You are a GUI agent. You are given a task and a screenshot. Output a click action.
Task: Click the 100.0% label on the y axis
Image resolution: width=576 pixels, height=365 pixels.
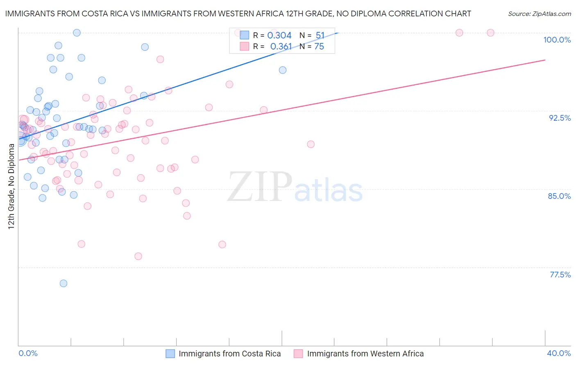click(557, 40)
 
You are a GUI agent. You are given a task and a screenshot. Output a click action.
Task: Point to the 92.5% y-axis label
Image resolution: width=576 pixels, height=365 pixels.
click(560, 118)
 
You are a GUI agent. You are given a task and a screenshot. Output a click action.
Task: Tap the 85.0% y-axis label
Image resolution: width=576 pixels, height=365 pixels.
click(559, 196)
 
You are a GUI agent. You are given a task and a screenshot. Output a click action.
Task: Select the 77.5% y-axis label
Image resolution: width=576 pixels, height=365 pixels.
click(560, 275)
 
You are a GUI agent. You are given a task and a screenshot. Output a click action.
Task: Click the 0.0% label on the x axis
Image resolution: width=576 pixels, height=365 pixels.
click(28, 353)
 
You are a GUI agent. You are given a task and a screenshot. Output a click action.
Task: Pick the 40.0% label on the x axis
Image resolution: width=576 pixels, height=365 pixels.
click(559, 353)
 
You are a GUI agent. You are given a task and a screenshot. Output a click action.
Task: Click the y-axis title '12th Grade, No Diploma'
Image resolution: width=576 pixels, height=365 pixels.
click(11, 187)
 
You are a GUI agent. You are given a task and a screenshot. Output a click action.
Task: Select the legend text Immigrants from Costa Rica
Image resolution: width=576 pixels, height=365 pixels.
click(229, 354)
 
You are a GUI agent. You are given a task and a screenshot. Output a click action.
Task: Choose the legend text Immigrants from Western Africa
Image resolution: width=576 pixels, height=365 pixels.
click(365, 354)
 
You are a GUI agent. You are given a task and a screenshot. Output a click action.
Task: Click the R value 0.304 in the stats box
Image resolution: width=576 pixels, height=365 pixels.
click(279, 36)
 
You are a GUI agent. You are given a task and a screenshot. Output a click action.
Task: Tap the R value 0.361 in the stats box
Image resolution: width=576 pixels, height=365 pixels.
click(281, 47)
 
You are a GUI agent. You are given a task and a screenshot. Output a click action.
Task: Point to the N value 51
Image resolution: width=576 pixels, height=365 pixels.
click(320, 36)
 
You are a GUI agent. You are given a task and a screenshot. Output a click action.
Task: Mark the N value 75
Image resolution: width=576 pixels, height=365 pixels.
click(319, 47)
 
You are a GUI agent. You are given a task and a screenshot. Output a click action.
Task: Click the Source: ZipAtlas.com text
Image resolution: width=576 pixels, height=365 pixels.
click(539, 14)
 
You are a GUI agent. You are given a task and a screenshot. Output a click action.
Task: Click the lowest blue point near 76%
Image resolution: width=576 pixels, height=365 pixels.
click(63, 283)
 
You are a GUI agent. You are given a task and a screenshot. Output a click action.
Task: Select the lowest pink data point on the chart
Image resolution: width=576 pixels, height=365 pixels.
click(138, 256)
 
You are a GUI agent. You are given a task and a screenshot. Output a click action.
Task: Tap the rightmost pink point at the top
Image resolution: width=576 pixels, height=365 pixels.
click(490, 33)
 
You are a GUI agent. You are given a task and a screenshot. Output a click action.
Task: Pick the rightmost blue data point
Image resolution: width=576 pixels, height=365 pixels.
click(283, 70)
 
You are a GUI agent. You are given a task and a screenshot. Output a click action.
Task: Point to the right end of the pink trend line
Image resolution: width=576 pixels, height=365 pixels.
click(545, 60)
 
